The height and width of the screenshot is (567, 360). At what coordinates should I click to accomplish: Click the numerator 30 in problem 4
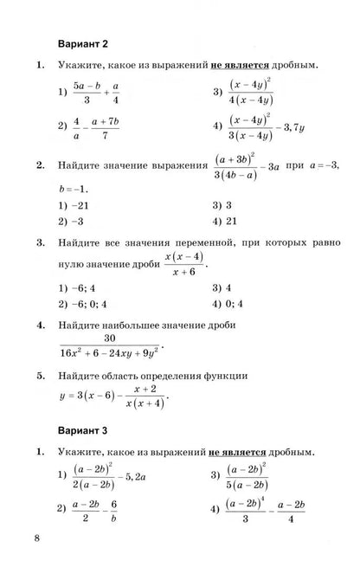pyautogui.click(x=110, y=338)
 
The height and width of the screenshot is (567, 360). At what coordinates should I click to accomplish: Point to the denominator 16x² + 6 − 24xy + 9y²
pyautogui.click(x=110, y=353)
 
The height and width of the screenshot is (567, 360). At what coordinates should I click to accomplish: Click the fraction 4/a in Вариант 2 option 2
pyautogui.click(x=76, y=128)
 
